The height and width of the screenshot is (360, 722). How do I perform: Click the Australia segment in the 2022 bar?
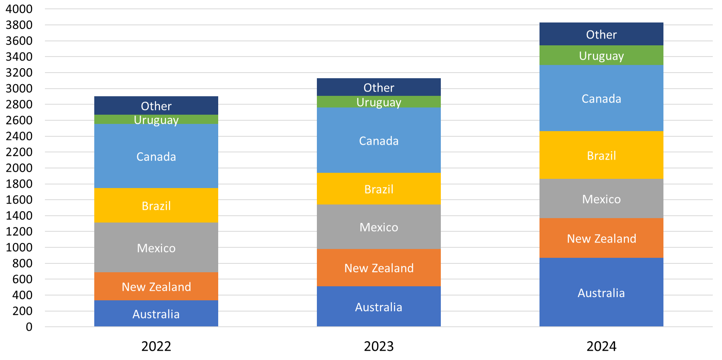[156, 313]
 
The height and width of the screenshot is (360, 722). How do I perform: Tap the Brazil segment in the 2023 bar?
[379, 189]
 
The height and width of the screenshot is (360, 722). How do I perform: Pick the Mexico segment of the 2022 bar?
[156, 248]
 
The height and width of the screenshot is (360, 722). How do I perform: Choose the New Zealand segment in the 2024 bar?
[601, 238]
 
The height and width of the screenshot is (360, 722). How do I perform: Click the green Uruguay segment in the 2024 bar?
[601, 55]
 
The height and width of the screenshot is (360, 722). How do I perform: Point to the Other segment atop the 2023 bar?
[379, 87]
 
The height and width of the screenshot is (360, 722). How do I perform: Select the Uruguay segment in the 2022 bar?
[156, 119]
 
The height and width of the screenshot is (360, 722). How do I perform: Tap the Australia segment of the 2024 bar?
[601, 293]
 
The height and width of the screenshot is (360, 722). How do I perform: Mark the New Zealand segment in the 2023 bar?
[379, 268]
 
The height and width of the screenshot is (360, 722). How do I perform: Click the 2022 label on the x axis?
[156, 346]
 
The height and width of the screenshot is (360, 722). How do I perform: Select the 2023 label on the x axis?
[379, 346]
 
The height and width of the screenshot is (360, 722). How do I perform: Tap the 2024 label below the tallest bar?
[601, 346]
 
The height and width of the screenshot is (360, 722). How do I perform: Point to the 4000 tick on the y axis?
[19, 9]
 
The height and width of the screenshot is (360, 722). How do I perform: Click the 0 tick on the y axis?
[29, 327]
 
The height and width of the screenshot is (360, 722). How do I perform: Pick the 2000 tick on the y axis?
[19, 168]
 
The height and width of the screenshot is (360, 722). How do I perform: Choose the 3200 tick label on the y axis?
[19, 73]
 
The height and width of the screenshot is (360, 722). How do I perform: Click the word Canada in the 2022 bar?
[156, 156]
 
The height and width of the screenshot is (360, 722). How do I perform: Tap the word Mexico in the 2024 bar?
[601, 199]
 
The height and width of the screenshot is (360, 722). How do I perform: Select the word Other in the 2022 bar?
[156, 106]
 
